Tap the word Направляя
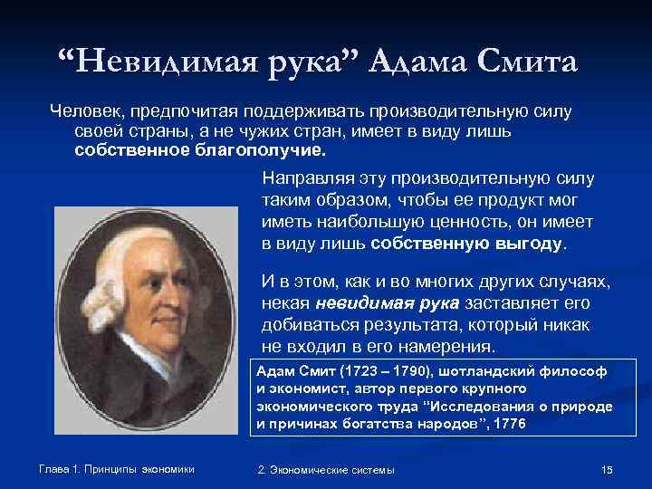coord(302,177)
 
